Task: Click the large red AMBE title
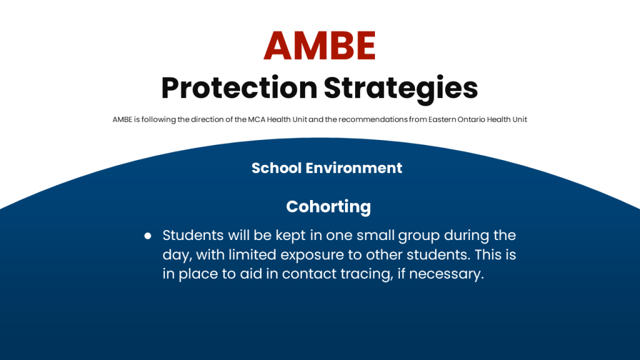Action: point(319,45)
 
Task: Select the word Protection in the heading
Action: point(239,87)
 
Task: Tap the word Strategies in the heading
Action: point(401,89)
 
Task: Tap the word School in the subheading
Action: point(276,168)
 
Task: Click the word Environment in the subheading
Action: point(354,168)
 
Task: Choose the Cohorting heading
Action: point(329,207)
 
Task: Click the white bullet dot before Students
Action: point(147,236)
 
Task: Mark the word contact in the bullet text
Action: point(309,274)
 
